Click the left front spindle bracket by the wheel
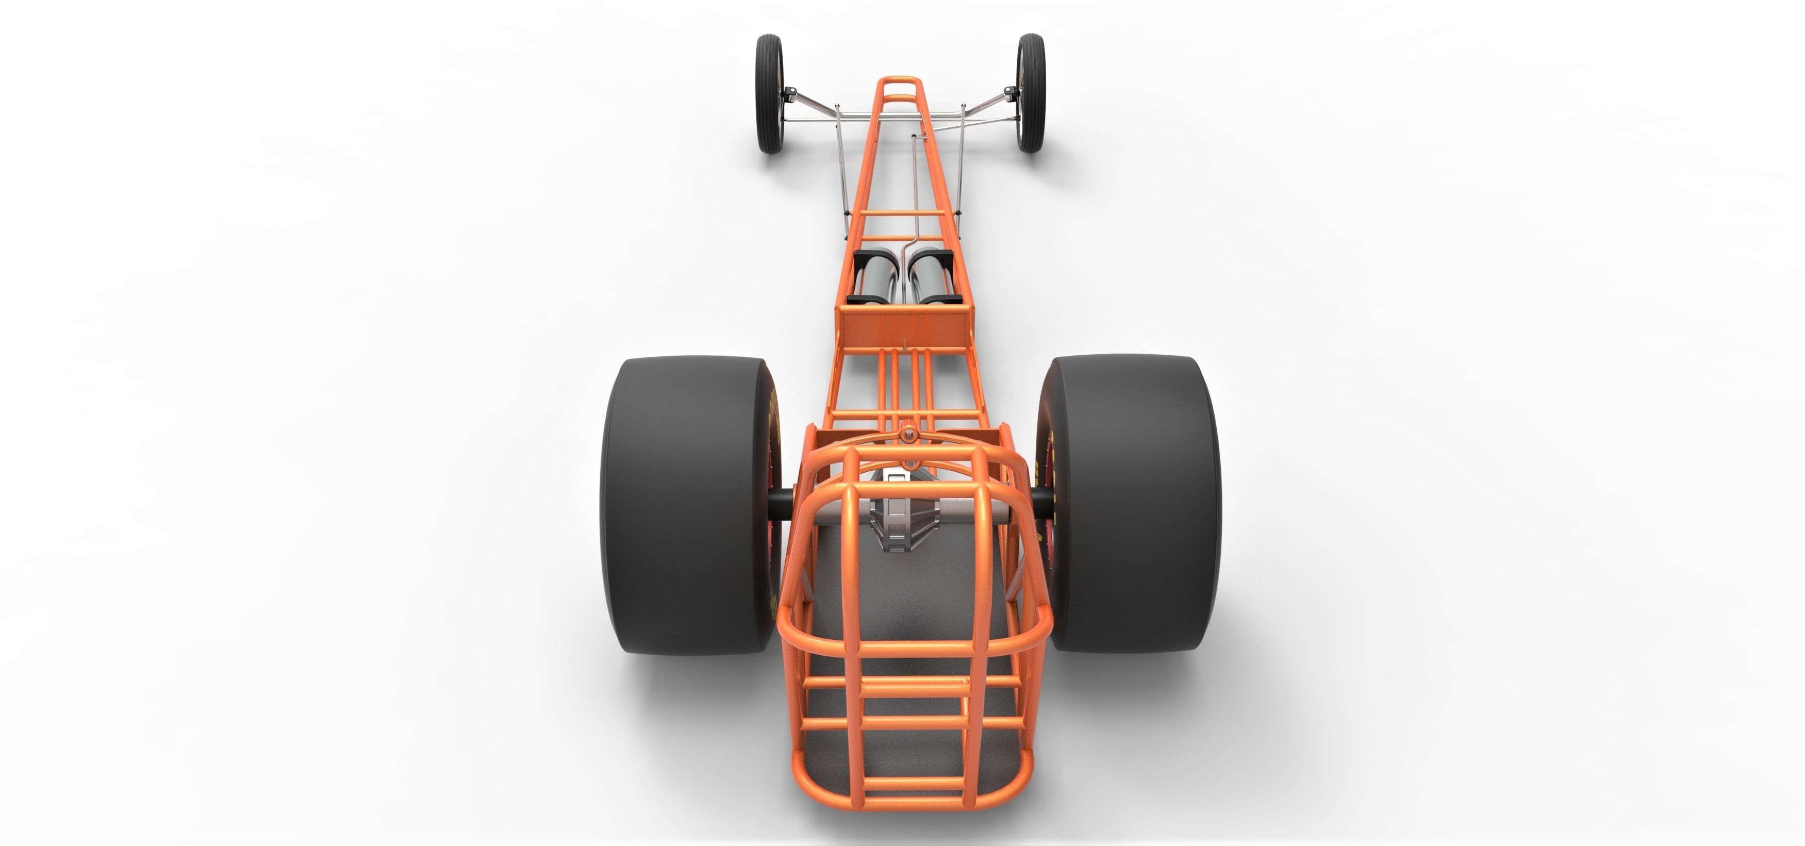[790, 92]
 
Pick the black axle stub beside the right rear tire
[1042, 503]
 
